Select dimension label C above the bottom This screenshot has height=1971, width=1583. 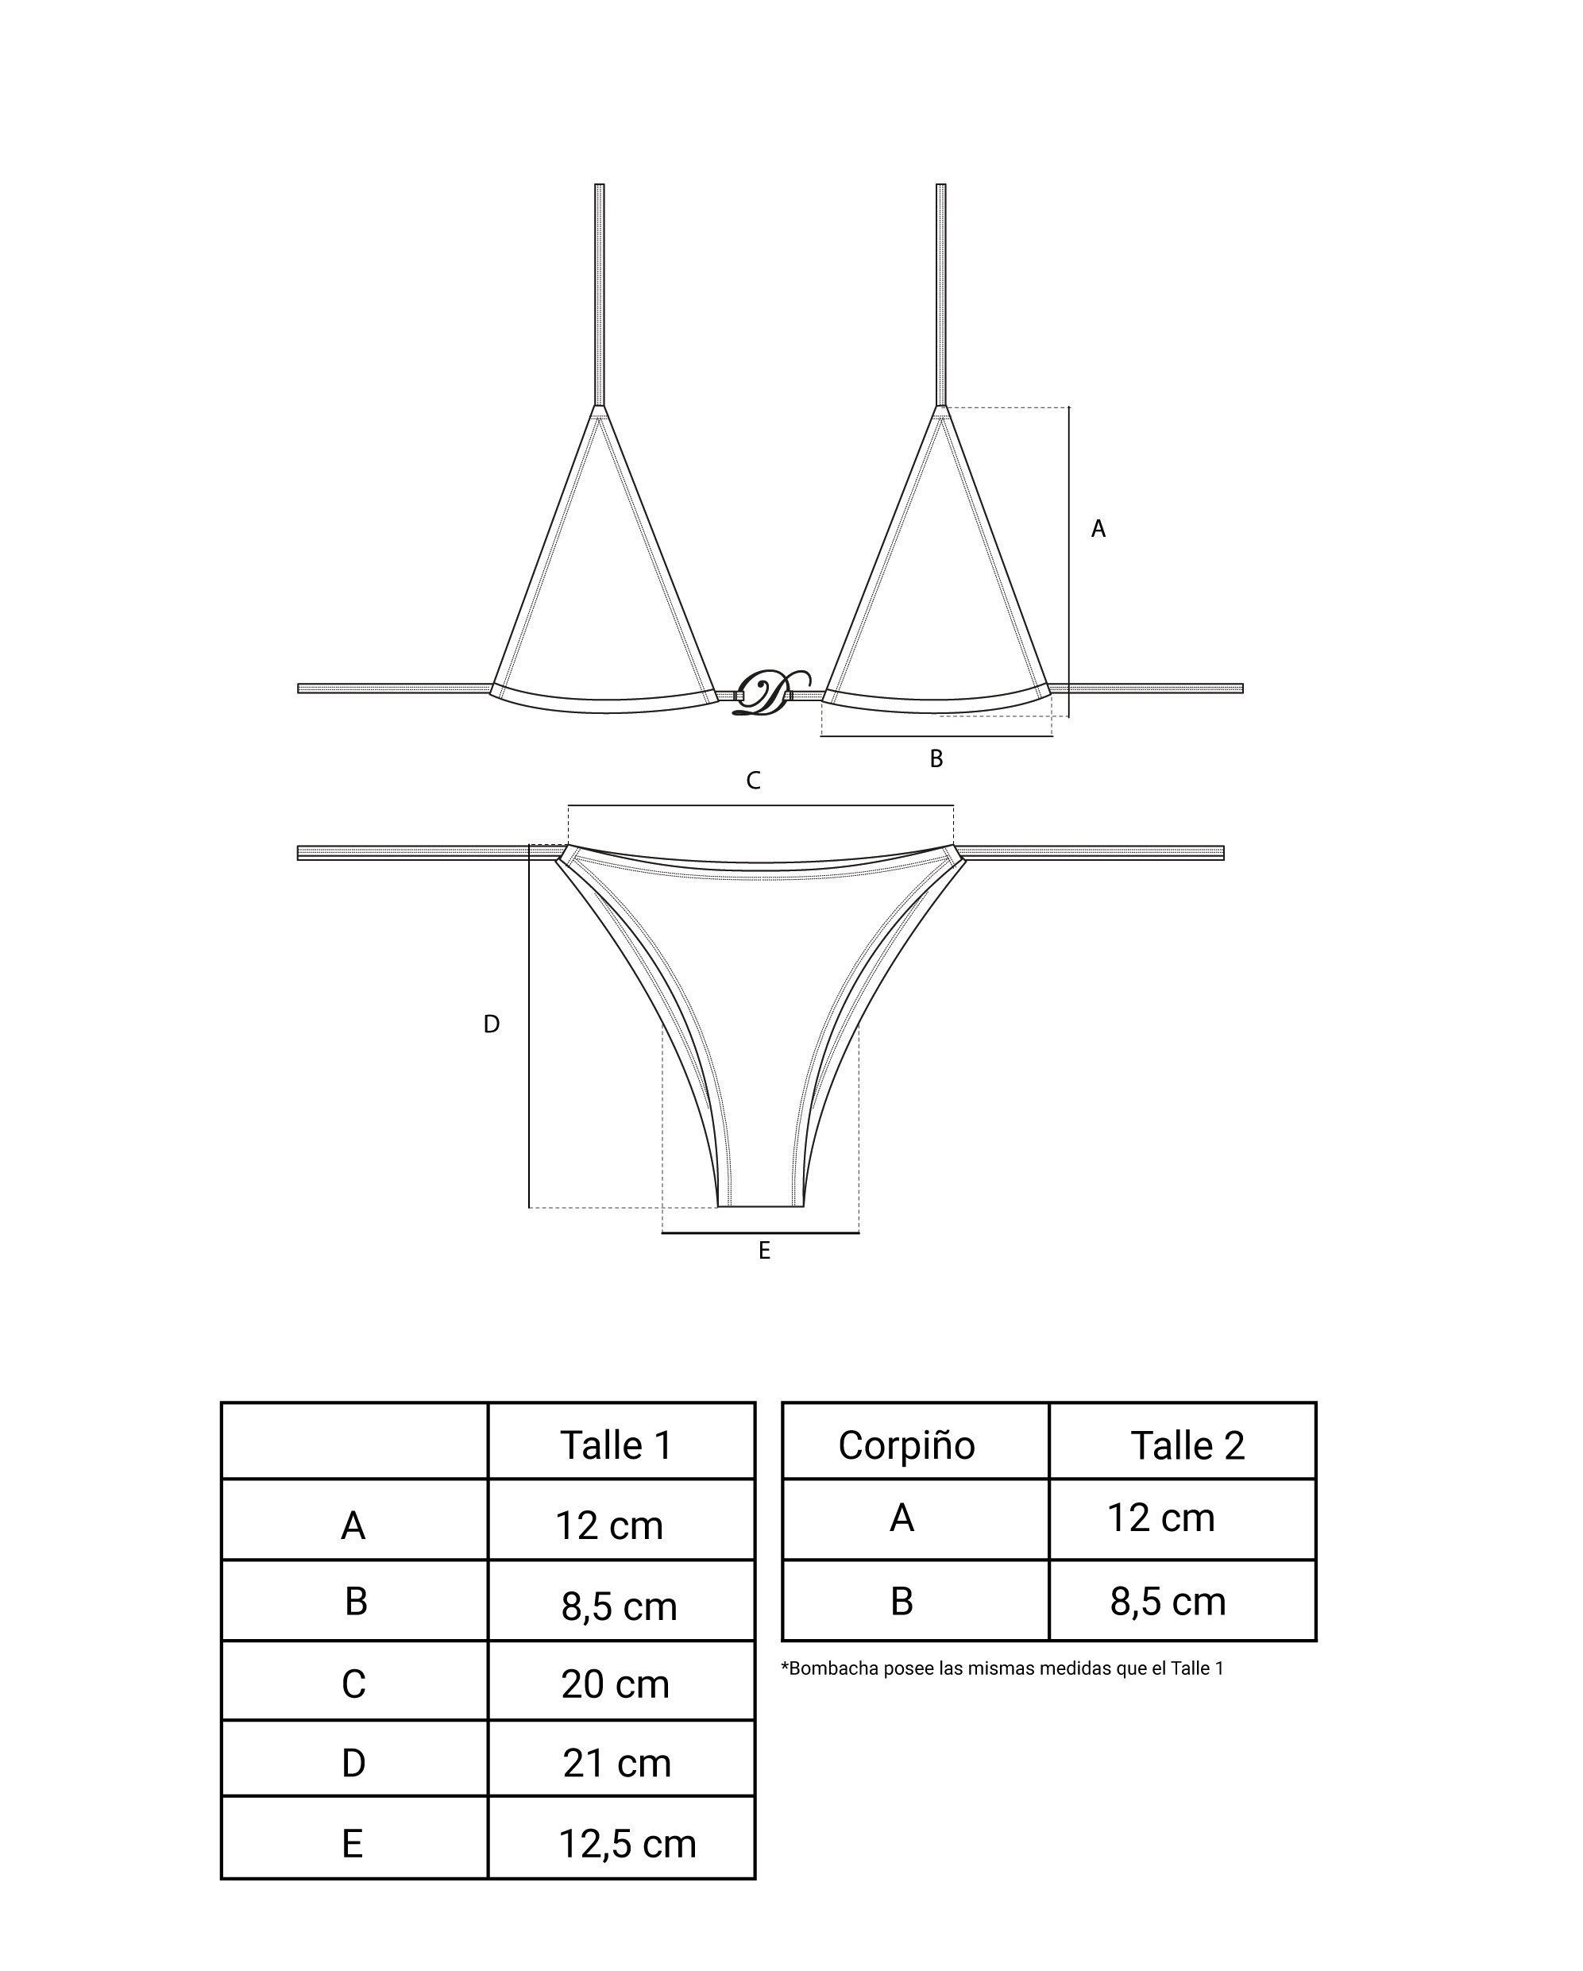(x=753, y=781)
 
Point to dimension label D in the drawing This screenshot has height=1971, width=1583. (x=491, y=1025)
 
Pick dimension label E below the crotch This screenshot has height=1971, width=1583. (x=765, y=1251)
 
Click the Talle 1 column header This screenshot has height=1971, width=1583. (x=616, y=1445)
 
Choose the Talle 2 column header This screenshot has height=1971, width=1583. (x=1187, y=1445)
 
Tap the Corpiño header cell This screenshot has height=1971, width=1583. (x=906, y=1445)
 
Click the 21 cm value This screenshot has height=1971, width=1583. (x=616, y=1763)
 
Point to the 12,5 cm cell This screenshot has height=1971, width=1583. (x=627, y=1844)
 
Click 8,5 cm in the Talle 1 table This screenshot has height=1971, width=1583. (x=619, y=1606)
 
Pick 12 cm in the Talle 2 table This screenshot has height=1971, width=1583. (x=1160, y=1518)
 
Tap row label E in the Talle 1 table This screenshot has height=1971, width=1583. (x=353, y=1844)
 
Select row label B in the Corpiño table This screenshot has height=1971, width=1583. (x=902, y=1601)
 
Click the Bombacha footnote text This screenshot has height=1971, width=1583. (x=1002, y=1668)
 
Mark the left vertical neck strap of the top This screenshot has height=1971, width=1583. (x=599, y=292)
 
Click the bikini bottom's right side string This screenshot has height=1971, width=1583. (x=1088, y=853)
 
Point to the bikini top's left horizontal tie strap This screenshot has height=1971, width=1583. (x=393, y=688)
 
